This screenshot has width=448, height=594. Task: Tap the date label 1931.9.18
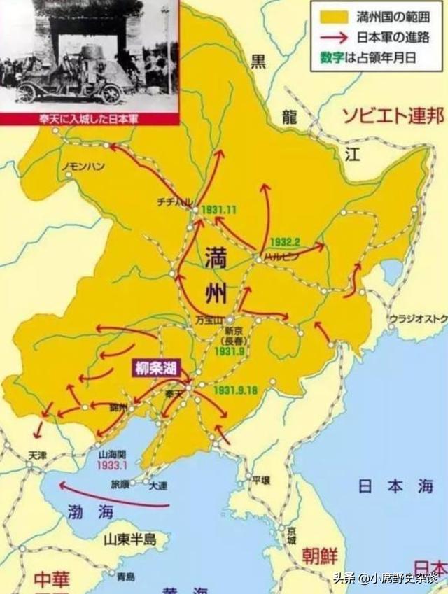click(x=237, y=389)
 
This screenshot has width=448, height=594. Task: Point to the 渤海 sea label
click(x=86, y=511)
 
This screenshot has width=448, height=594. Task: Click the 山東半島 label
click(x=129, y=539)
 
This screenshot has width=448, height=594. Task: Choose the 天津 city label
click(x=36, y=455)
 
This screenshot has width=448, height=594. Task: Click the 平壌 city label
click(x=261, y=480)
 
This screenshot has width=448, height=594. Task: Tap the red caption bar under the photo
click(x=89, y=119)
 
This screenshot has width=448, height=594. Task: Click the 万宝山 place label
click(x=209, y=320)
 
